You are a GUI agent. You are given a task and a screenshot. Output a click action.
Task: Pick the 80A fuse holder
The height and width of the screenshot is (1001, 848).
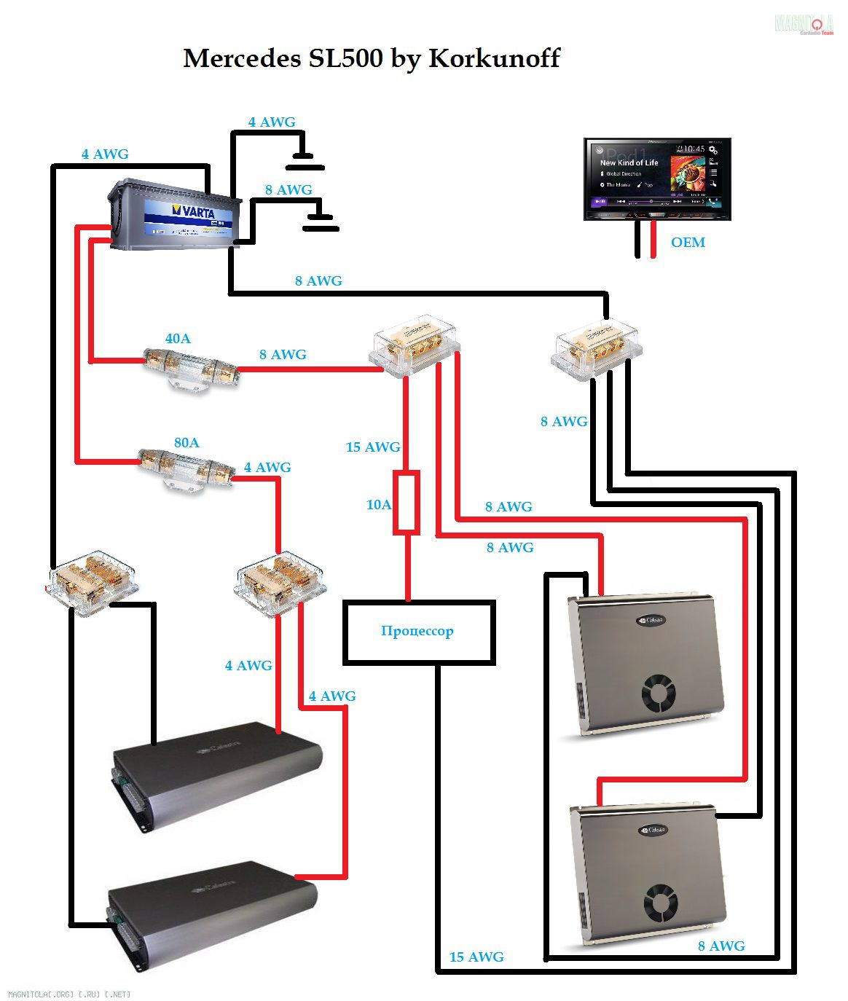click(187, 468)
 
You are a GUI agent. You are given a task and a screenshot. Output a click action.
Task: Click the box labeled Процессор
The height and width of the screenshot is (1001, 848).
click(419, 632)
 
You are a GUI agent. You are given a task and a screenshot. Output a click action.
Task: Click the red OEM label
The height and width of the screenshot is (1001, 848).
click(688, 243)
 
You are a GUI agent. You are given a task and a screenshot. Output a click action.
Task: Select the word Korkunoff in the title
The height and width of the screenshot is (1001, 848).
click(494, 58)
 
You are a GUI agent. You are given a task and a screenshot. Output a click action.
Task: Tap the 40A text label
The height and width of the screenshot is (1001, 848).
click(178, 339)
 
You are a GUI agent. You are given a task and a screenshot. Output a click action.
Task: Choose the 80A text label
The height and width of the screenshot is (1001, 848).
click(187, 443)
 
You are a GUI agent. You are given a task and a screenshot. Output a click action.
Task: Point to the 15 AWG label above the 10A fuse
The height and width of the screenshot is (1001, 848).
click(373, 447)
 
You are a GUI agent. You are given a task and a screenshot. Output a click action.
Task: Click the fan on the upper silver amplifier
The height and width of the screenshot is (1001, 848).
click(660, 694)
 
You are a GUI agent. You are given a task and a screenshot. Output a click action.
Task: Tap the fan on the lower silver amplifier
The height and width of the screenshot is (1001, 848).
click(661, 905)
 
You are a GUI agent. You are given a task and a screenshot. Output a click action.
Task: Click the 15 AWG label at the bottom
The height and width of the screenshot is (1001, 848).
click(476, 957)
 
